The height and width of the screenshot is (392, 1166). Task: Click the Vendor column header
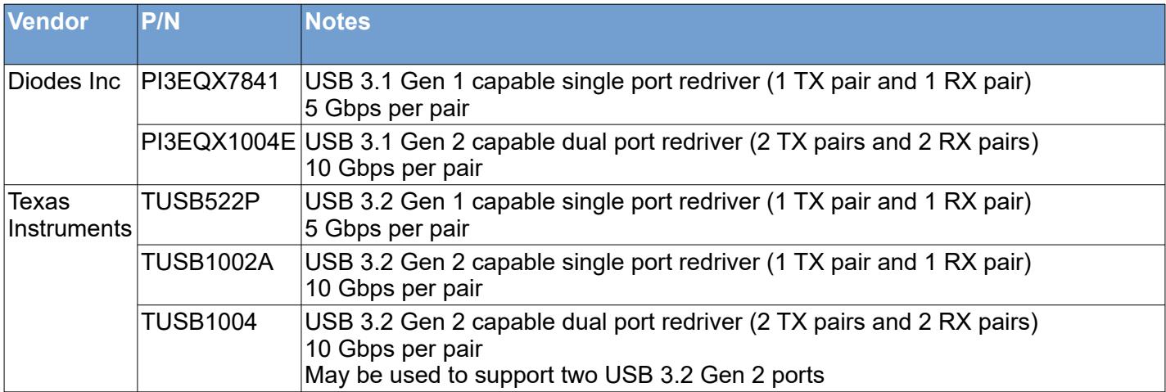(47, 22)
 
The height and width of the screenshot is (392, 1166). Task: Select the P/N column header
(160, 22)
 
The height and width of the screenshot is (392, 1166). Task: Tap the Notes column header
(337, 22)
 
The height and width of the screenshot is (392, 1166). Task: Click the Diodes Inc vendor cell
(64, 82)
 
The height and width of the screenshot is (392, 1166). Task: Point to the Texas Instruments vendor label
(70, 215)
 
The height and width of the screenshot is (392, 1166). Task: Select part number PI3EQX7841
(210, 82)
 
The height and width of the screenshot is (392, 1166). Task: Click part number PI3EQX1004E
(218, 142)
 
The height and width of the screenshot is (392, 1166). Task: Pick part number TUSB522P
(201, 202)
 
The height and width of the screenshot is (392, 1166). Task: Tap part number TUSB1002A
(207, 262)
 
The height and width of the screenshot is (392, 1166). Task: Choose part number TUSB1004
(199, 322)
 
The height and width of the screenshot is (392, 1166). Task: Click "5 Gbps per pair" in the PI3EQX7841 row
(386, 109)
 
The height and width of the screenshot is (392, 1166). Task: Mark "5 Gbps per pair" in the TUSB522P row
(386, 229)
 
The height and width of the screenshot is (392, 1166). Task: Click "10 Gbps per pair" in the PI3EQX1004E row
(394, 169)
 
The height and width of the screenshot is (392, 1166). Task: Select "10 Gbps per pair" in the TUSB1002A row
(394, 289)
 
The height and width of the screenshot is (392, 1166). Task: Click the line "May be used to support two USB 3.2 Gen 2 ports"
(564, 376)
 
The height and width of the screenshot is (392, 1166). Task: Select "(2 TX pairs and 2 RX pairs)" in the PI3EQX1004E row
(894, 142)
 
